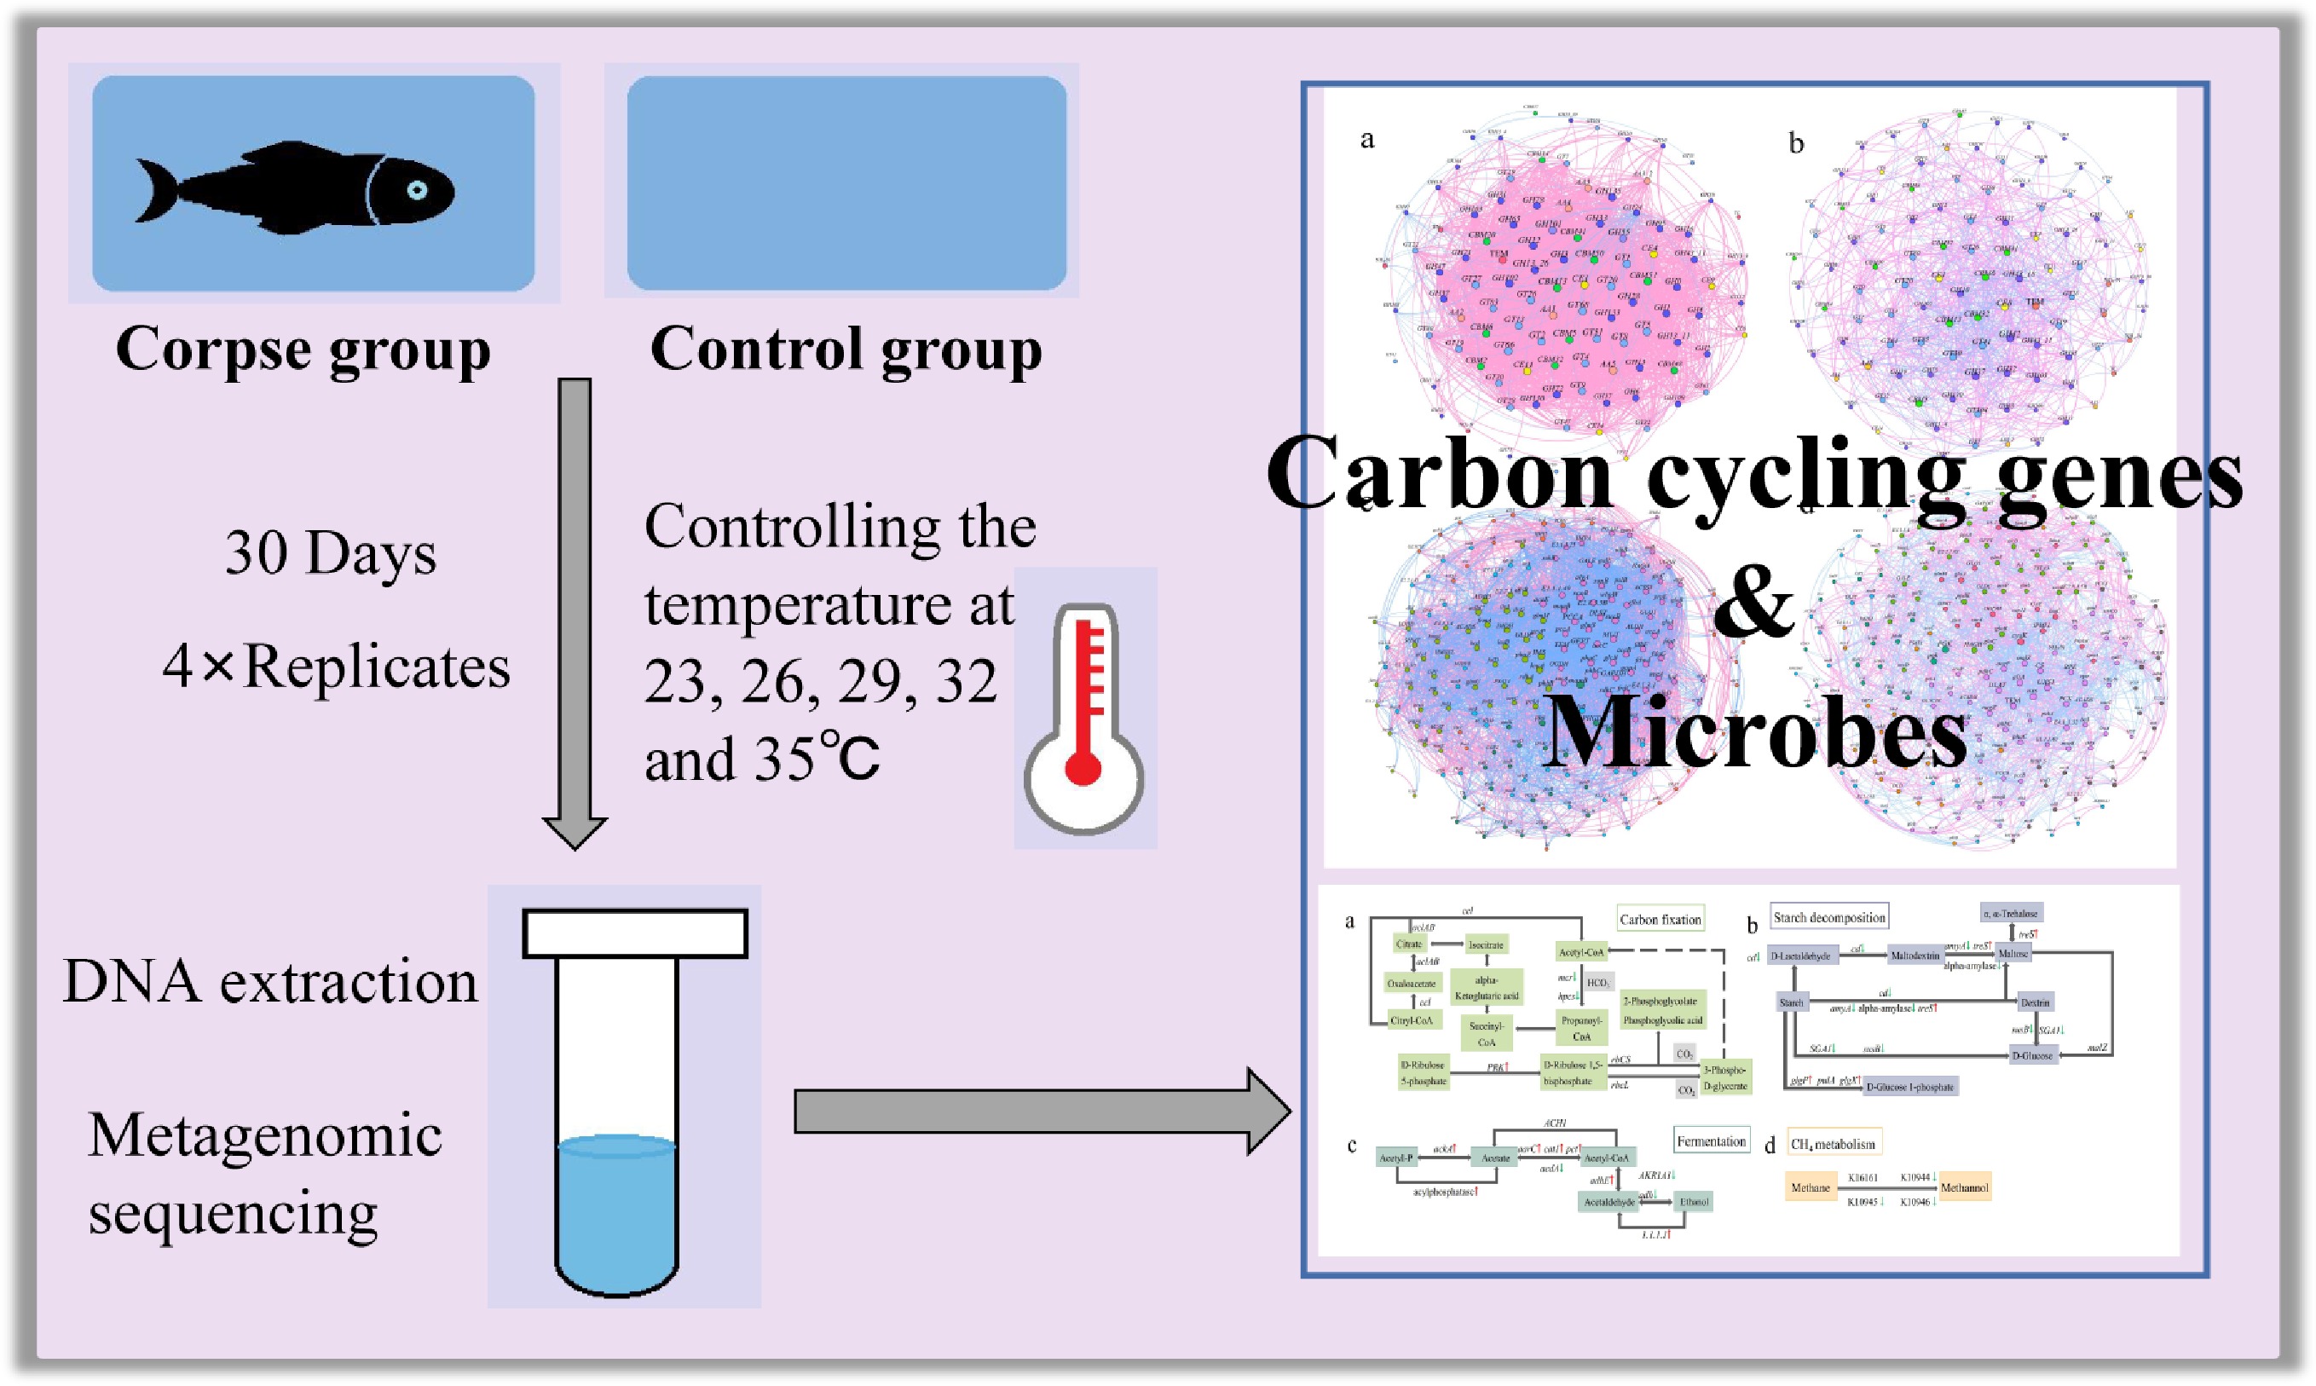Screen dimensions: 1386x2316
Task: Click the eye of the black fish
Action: [x=417, y=191]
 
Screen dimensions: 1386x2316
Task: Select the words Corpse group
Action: [x=303, y=350]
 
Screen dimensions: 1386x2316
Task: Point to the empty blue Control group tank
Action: [x=846, y=183]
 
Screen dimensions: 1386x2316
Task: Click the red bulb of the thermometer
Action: [x=1083, y=765]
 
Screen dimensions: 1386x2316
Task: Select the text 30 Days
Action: [x=331, y=553]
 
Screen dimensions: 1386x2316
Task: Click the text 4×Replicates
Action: [x=336, y=667]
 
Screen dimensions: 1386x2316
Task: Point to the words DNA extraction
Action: [x=270, y=983]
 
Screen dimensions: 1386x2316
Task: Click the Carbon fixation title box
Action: [x=1660, y=920]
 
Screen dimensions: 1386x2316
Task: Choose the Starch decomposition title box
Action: [x=1828, y=917]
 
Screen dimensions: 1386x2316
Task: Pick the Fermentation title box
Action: [x=1711, y=1141]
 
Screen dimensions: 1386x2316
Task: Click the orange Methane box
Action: [x=1810, y=1188]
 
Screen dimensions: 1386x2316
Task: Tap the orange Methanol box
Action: [x=1964, y=1188]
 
